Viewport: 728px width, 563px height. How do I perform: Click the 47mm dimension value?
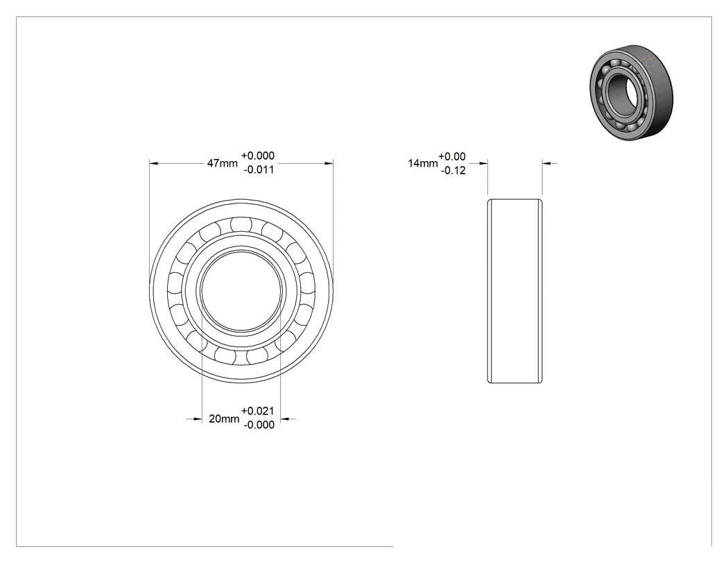click(222, 163)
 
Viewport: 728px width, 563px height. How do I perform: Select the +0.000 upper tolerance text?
click(258, 156)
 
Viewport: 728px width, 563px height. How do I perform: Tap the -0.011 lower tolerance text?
click(259, 169)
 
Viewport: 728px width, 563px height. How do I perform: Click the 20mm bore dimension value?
click(224, 419)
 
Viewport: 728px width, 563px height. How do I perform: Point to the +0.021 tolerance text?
click(258, 411)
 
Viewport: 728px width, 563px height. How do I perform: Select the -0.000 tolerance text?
click(259, 425)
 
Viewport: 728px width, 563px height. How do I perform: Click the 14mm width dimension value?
click(422, 163)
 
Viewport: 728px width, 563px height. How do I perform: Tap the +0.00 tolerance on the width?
click(452, 156)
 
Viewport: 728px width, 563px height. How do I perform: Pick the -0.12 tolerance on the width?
click(453, 171)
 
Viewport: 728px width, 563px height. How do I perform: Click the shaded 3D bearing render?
click(632, 92)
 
